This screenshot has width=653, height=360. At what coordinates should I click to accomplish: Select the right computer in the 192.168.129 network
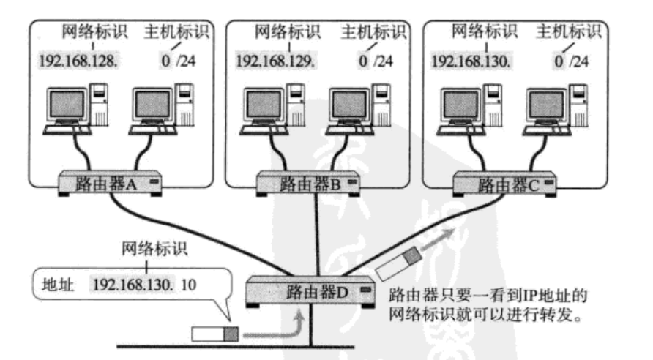[x=351, y=110]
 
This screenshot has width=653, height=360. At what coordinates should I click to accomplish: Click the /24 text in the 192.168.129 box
[x=381, y=58]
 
